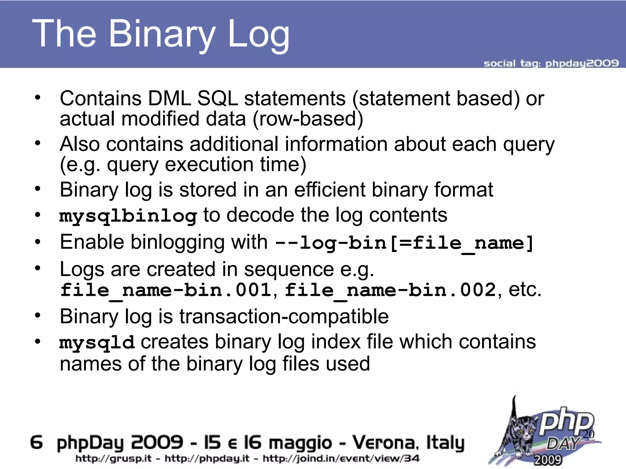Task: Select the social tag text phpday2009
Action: point(582,63)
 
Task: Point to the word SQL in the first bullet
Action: point(217,99)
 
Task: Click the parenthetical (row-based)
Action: point(308,119)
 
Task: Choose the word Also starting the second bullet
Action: point(79,144)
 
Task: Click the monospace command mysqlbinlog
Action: point(128,216)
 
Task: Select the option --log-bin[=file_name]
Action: point(404,243)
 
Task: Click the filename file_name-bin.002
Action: point(390,290)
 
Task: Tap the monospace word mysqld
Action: point(97,342)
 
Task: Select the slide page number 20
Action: point(588,434)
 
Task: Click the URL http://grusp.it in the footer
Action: point(113,458)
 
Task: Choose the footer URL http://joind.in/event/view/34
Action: point(341,458)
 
